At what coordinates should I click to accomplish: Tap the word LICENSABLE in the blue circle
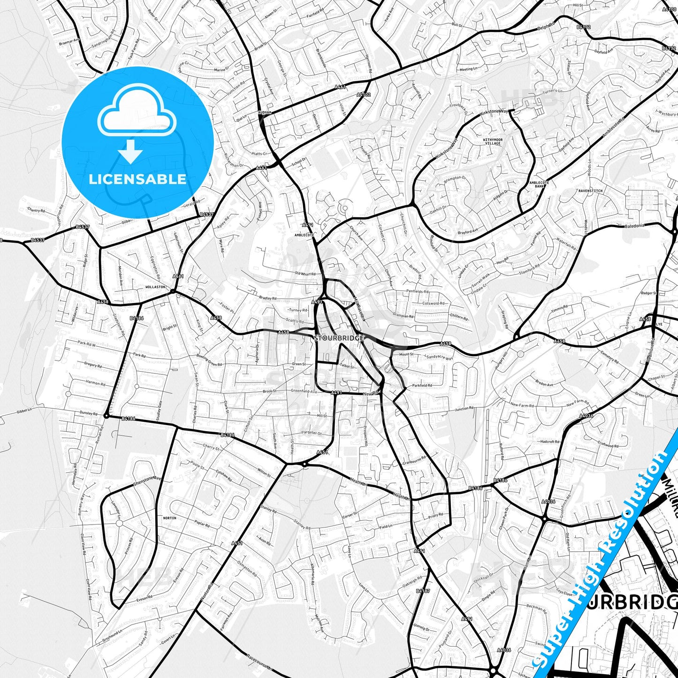coord(137,179)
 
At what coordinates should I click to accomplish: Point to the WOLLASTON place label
coord(155,287)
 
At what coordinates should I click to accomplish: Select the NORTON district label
coord(169,518)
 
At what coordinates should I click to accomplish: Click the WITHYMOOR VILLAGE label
coord(493,142)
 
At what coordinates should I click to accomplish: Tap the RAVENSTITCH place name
coord(590,191)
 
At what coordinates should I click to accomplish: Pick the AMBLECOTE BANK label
coord(539,184)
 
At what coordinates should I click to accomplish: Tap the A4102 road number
coord(363,94)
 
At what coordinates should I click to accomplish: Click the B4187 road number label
coord(423,591)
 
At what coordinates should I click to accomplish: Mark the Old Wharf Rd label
coord(305,274)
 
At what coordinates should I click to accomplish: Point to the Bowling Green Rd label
coord(209,360)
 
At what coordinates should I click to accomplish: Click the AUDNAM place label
coord(265,113)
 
